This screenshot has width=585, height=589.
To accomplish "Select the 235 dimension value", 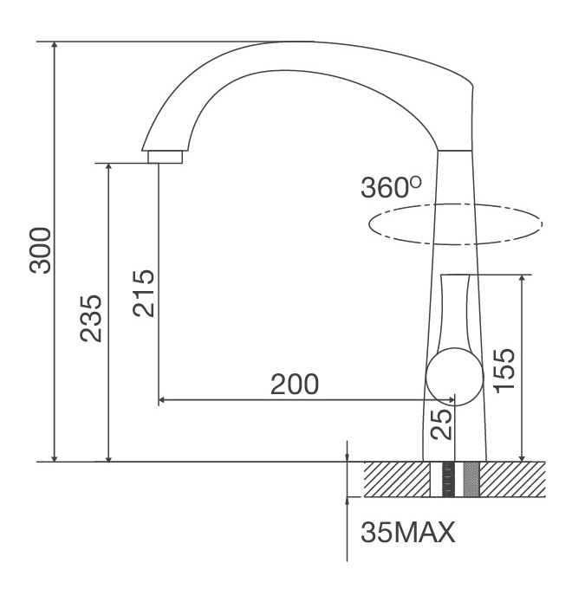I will coord(93,318).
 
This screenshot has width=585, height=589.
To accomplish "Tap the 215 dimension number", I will coord(143,293).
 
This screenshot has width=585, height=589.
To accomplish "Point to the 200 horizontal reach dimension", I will coord(294,384).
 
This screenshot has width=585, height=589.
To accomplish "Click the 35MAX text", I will coord(407,531).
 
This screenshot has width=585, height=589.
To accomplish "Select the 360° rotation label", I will coord(390,188).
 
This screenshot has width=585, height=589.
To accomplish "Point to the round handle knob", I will coord(454,378).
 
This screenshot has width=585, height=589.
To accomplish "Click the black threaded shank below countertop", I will coord(448,479).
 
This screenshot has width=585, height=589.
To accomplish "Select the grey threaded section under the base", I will coord(471,479).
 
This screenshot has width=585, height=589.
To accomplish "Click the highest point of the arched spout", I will coord(286,42).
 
